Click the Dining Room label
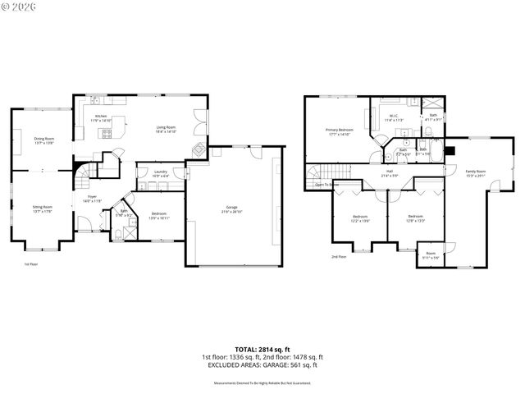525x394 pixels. pos(43,140)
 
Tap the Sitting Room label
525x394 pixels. pos(42,208)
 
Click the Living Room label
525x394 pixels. pos(167,129)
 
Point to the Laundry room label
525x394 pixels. pos(161,173)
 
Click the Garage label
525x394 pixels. pos(233,208)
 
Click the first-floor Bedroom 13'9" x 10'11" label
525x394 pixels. pos(159,216)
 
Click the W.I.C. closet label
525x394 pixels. pos(393,119)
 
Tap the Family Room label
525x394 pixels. pos(476,173)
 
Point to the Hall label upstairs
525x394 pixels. pos(390,173)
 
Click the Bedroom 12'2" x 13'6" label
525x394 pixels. pos(361,218)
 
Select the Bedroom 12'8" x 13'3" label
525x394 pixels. pos(415,218)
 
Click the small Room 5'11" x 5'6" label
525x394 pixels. pos(431,255)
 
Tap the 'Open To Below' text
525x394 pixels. pos(327,185)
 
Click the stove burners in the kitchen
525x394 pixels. pos(107,134)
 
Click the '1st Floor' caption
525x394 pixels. pos(31,264)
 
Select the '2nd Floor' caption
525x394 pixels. pos(338,257)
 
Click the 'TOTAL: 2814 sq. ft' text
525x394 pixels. pos(262,350)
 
